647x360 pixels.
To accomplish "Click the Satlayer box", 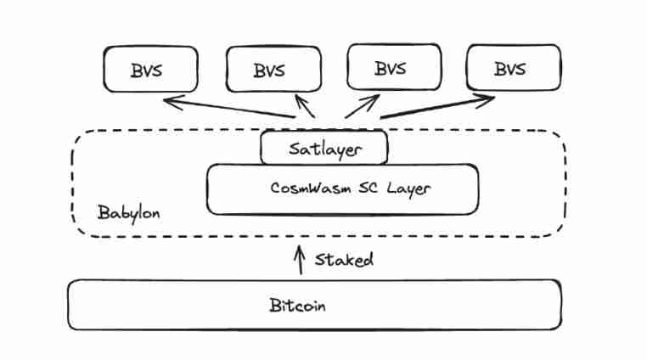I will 323,149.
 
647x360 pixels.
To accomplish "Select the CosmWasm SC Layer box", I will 342,188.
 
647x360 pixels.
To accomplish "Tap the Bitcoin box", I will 314,305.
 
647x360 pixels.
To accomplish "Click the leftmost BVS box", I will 150,69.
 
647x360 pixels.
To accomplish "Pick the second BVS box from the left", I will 273,69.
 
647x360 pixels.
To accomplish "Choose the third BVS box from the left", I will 394,69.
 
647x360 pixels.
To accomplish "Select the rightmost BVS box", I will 514,69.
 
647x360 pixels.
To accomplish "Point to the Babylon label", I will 127,211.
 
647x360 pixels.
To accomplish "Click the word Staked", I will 344,260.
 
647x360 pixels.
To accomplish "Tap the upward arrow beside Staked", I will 299,259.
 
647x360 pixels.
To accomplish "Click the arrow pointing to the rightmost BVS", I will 437,107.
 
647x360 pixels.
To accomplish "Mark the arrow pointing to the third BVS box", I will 360,105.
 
